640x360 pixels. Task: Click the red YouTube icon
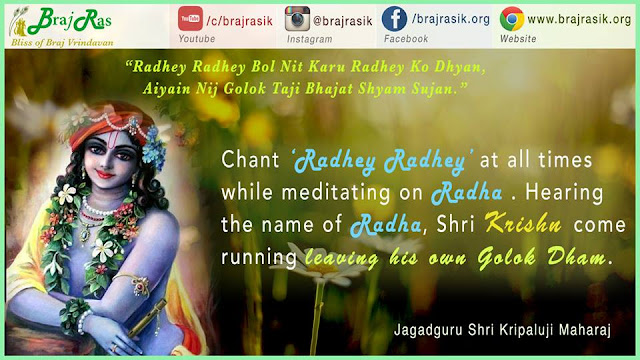pyautogui.click(x=190, y=18)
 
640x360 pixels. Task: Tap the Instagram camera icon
pyautogui.click(x=297, y=19)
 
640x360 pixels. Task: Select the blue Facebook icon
pyautogui.click(x=394, y=19)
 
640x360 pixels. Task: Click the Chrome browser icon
pyautogui.click(x=512, y=19)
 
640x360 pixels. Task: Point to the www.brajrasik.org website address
pyautogui.click(x=579, y=19)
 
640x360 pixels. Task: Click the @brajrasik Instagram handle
pyautogui.click(x=342, y=21)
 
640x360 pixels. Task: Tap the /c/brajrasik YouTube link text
pyautogui.click(x=239, y=21)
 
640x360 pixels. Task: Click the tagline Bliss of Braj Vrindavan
pyautogui.click(x=62, y=42)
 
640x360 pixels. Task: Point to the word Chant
pyautogui.click(x=250, y=159)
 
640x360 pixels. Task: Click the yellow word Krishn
pyautogui.click(x=523, y=224)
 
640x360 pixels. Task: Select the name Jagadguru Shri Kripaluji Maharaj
pyautogui.click(x=502, y=330)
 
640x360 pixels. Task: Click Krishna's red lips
pyautogui.click(x=105, y=174)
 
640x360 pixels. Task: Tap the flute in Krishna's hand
pyautogui.click(x=147, y=318)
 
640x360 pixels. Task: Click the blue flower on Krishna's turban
pyautogui.click(x=154, y=147)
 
